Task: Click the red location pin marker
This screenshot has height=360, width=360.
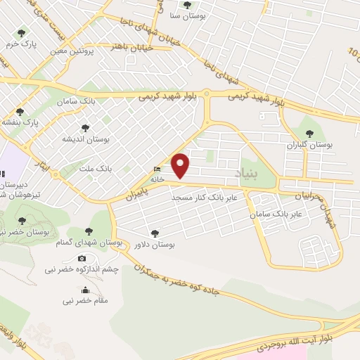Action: pos(181,165)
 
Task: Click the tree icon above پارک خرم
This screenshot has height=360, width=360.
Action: pos(20,32)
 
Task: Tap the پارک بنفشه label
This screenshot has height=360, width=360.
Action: pos(21,122)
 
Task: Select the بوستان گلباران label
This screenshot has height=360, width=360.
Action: pos(309,144)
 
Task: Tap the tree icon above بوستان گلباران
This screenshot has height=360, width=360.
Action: pos(308,132)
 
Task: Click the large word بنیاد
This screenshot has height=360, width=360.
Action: pos(245,171)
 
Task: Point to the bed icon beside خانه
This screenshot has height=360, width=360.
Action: pos(156,169)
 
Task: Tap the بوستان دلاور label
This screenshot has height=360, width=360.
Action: pos(153,244)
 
